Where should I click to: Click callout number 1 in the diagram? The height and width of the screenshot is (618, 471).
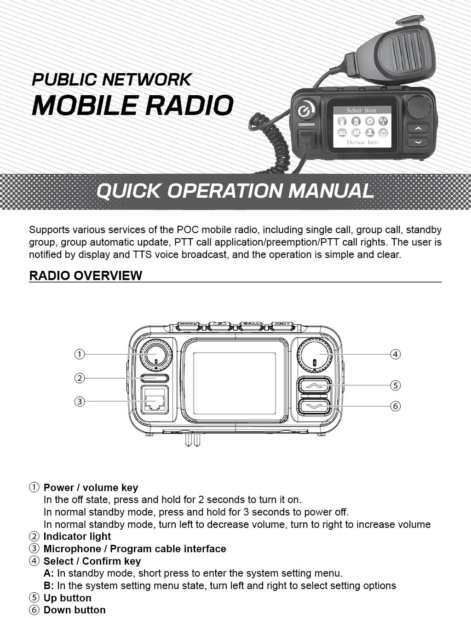click(80, 354)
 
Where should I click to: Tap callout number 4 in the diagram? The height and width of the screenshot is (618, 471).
click(395, 354)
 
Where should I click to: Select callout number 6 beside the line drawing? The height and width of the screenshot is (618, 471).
click(395, 406)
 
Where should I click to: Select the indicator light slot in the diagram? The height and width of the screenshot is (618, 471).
click(155, 378)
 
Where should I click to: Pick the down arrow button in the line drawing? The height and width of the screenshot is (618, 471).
click(314, 406)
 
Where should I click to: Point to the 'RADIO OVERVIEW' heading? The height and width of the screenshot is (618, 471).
click(86, 275)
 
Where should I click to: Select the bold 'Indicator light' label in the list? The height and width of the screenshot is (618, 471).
click(77, 537)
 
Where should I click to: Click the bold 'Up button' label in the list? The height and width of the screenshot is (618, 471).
click(67, 598)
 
